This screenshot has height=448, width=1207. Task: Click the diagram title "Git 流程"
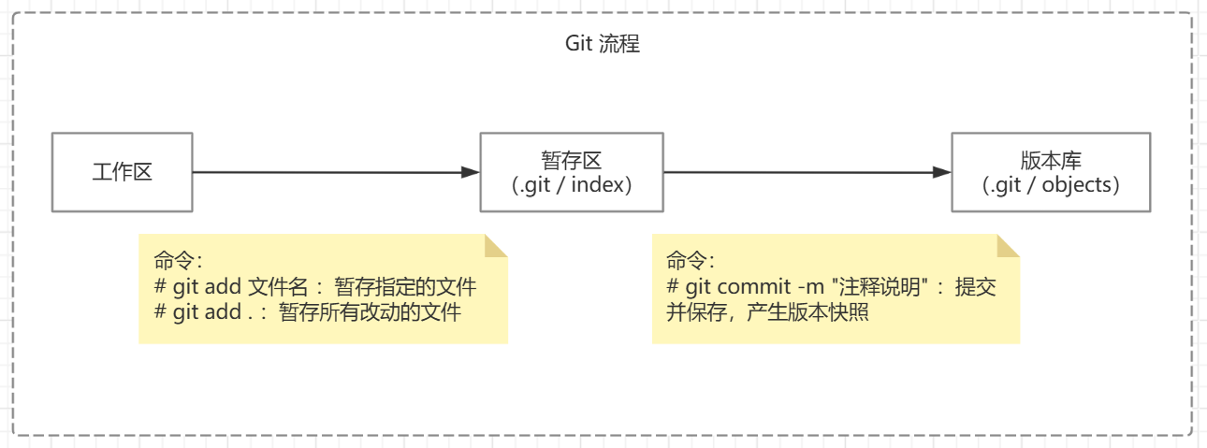(x=603, y=44)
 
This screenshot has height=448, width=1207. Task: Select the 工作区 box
(x=122, y=172)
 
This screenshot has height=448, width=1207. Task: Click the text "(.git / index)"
(x=572, y=185)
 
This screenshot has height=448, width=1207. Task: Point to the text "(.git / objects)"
(x=1051, y=185)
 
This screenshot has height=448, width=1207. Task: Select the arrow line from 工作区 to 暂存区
(x=327, y=172)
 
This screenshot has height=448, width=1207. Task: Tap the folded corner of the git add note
(x=495, y=245)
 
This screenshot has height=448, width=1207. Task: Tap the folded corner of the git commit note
(x=1008, y=245)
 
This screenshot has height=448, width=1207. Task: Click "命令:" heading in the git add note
(x=178, y=261)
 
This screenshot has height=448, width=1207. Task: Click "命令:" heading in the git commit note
(x=691, y=261)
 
